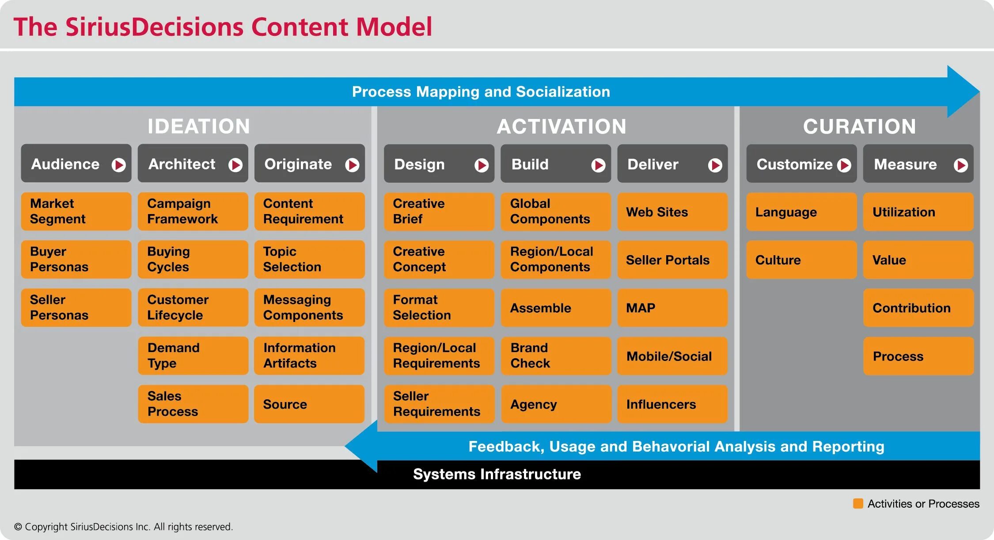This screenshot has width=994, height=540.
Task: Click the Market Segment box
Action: pyautogui.click(x=76, y=211)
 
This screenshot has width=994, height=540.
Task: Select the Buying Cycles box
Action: pyautogui.click(x=193, y=259)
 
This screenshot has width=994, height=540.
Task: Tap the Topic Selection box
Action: pyautogui.click(x=309, y=259)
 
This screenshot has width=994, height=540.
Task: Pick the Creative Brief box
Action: pyautogui.click(x=439, y=211)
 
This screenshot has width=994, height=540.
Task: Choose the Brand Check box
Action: pyautogui.click(x=556, y=356)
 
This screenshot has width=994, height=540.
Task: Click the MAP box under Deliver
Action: pyautogui.click(x=672, y=308)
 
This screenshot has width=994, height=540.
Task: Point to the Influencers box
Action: pyautogui.click(x=672, y=404)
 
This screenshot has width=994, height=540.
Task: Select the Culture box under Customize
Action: pyautogui.click(x=801, y=260)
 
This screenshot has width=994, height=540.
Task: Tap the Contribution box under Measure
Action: pyautogui.click(x=918, y=308)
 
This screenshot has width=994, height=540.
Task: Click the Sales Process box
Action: pyautogui.click(x=193, y=404)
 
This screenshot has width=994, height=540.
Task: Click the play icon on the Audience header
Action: pyautogui.click(x=118, y=165)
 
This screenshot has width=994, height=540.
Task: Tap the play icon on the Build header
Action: pyautogui.click(x=598, y=165)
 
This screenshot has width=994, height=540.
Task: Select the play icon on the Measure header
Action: pyautogui.click(x=961, y=165)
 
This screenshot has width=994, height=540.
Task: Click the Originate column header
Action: pyautogui.click(x=309, y=164)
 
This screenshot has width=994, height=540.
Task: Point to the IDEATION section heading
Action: pyautogui.click(x=199, y=126)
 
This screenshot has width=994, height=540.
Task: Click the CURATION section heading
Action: pyautogui.click(x=859, y=126)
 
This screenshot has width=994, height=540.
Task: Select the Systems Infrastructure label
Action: pyautogui.click(x=497, y=474)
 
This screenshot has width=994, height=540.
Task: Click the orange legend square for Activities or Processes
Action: pyautogui.click(x=858, y=503)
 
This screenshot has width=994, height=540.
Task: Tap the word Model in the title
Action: pyautogui.click(x=394, y=27)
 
